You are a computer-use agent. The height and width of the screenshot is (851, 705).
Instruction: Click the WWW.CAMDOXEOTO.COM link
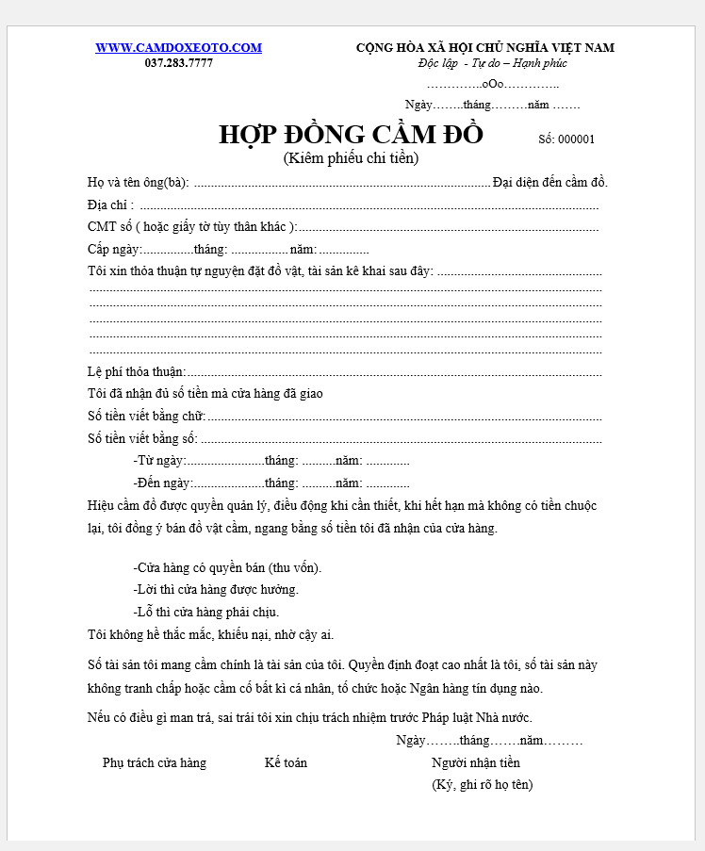point(178,48)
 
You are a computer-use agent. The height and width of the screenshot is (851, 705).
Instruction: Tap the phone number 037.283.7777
point(178,63)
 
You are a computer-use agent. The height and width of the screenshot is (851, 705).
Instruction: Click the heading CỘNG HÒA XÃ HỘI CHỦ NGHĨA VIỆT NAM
point(484,48)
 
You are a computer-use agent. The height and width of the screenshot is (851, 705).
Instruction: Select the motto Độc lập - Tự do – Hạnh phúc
point(492,63)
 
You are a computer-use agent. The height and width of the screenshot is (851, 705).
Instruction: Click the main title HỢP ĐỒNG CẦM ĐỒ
point(351,135)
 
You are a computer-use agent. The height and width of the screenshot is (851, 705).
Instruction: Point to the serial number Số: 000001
point(566,139)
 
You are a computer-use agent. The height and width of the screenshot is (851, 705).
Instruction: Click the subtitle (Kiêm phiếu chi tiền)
point(351,158)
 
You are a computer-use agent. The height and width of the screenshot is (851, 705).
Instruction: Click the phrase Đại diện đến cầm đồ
point(550,182)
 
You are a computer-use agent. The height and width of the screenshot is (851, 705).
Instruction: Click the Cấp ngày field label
point(114,250)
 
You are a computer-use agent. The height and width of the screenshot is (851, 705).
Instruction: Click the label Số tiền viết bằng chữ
point(146,416)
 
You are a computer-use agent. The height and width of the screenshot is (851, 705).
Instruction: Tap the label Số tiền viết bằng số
point(142,438)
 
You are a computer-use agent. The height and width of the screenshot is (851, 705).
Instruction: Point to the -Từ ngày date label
point(159,461)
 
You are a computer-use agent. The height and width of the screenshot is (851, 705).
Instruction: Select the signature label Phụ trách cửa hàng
point(155,762)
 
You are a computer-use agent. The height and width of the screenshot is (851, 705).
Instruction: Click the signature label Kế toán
point(286,762)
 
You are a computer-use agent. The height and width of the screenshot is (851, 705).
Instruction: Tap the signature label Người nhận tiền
point(476,762)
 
